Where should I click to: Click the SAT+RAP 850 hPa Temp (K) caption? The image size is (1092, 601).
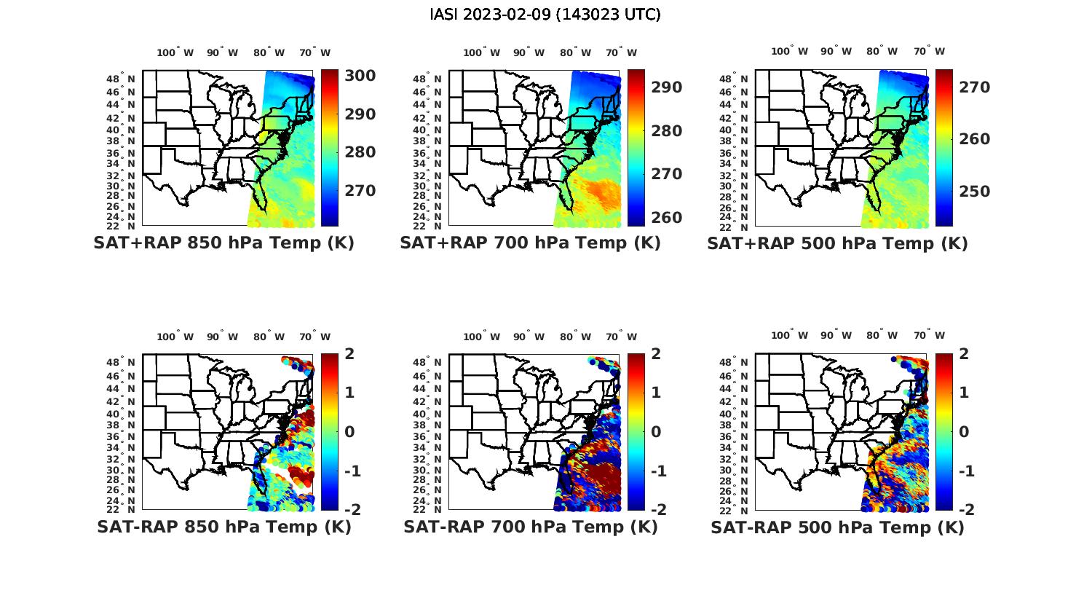(223, 243)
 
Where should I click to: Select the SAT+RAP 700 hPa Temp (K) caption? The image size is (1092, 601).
(530, 243)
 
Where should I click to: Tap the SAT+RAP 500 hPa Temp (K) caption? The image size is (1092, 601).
(837, 244)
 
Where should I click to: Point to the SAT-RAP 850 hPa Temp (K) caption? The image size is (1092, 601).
(223, 527)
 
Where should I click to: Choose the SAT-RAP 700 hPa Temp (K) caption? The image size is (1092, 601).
(530, 527)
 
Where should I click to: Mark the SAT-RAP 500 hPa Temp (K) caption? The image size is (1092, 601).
(837, 528)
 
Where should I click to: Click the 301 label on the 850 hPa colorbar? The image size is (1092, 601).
(360, 76)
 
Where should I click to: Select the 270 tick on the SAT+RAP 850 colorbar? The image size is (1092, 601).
(360, 191)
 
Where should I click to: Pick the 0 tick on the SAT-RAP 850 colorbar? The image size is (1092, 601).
(349, 432)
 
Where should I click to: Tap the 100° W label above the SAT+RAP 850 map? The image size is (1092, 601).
(175, 52)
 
